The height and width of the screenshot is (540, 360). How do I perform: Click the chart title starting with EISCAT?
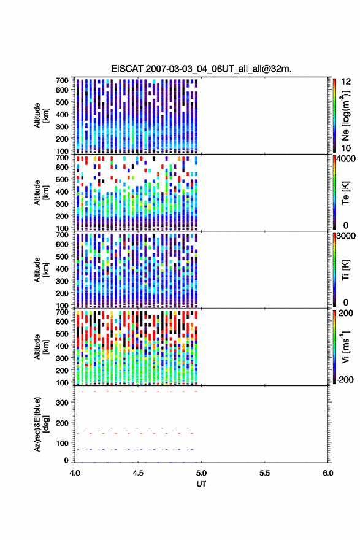click(x=201, y=69)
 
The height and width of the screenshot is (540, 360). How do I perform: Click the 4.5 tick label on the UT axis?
click(x=138, y=473)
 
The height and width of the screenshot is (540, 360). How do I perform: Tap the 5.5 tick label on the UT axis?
click(x=265, y=473)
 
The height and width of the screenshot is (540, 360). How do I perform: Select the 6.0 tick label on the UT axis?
click(x=328, y=473)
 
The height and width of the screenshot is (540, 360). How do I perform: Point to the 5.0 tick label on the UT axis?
click(x=201, y=473)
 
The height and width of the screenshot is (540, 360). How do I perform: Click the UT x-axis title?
click(x=201, y=484)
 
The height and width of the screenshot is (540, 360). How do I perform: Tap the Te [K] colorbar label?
click(x=345, y=193)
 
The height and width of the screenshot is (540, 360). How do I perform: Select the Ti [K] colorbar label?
click(x=345, y=270)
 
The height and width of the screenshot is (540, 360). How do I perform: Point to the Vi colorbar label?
click(x=345, y=347)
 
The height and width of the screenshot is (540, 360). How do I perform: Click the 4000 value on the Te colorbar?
click(x=346, y=159)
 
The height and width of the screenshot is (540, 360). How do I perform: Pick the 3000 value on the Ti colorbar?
click(x=346, y=236)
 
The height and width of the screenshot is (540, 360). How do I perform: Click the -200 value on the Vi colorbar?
click(x=345, y=379)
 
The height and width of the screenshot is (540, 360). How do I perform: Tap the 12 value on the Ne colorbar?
click(x=346, y=82)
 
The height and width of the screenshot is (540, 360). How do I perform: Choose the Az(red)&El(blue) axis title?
click(x=41, y=424)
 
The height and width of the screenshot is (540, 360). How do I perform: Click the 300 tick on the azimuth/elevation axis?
click(x=62, y=403)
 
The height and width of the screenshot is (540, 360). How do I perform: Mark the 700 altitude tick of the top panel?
click(x=62, y=80)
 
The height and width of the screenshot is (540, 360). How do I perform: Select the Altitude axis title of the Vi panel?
click(x=41, y=347)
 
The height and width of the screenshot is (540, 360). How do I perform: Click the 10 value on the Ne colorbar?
click(x=346, y=148)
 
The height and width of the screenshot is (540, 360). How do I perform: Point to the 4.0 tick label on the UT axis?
click(x=75, y=473)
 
